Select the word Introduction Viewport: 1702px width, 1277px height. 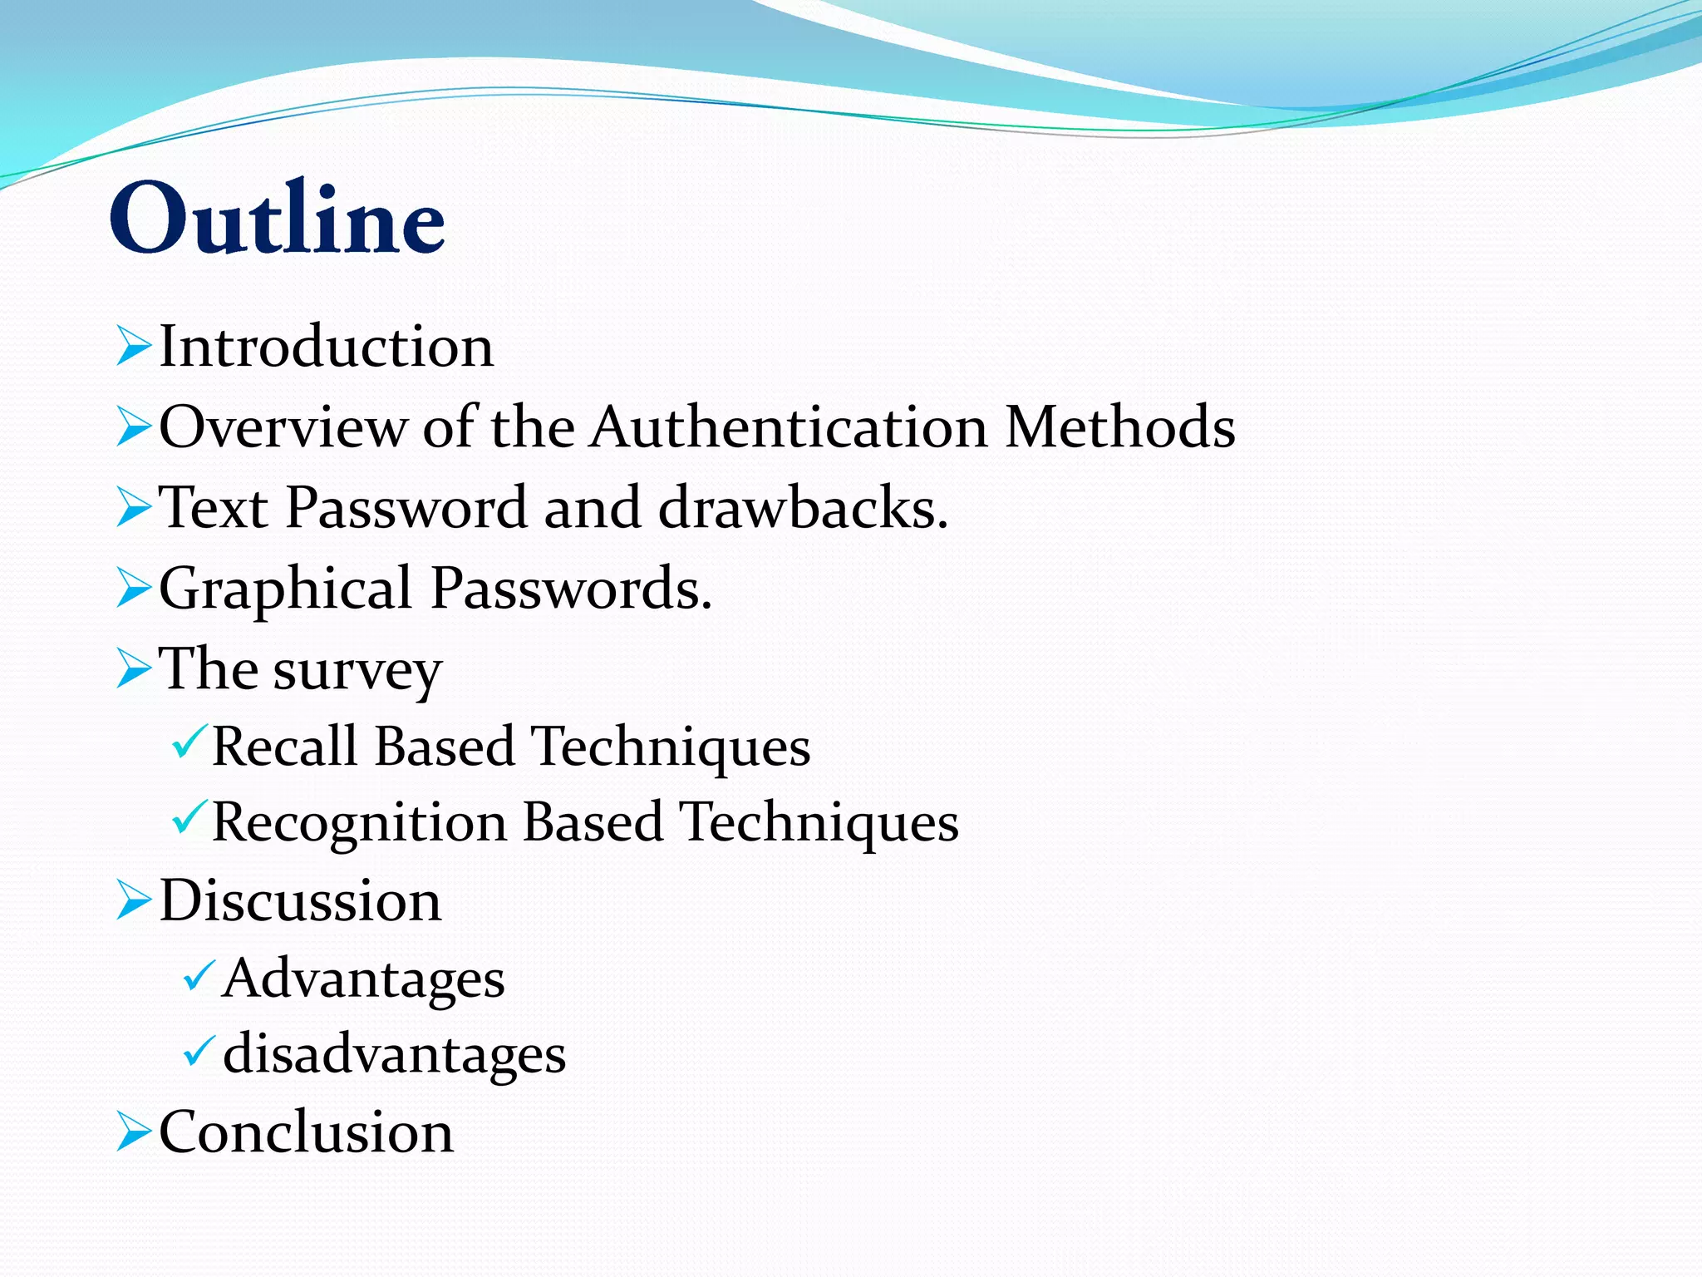click(326, 346)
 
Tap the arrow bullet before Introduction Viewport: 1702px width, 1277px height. click(133, 346)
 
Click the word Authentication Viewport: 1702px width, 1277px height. click(790, 426)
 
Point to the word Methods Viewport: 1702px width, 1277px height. click(1119, 426)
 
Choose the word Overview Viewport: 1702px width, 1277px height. click(283, 426)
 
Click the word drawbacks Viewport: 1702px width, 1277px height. click(803, 507)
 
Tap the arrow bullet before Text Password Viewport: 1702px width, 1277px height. click(133, 507)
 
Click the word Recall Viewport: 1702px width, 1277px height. click(284, 746)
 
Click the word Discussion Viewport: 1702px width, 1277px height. click(300, 900)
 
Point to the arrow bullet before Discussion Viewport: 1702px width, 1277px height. click(133, 900)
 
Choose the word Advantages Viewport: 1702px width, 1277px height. click(364, 978)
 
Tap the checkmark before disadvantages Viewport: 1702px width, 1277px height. click(199, 1052)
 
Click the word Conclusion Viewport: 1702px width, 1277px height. click(306, 1132)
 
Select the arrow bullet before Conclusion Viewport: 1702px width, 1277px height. click(133, 1132)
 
